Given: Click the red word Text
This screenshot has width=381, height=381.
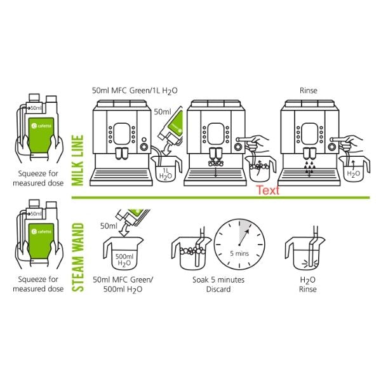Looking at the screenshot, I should pos(267,190).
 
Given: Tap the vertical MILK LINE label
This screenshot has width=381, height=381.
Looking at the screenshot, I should pos(79,160).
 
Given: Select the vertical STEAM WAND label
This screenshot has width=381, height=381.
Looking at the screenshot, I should pos(79,257).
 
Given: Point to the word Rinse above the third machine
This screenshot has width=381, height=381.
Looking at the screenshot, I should pos(309,90).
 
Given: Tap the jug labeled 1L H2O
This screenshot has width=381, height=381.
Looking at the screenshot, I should pos(166,170).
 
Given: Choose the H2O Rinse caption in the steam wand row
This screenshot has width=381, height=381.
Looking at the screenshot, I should pos(307,284).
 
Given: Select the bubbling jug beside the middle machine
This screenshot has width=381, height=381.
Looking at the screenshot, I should pos(258,170).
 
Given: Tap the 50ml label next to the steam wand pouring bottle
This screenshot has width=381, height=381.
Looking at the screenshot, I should pos(109,225).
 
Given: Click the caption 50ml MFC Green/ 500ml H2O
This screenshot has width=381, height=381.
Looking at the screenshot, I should pos(117,284).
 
